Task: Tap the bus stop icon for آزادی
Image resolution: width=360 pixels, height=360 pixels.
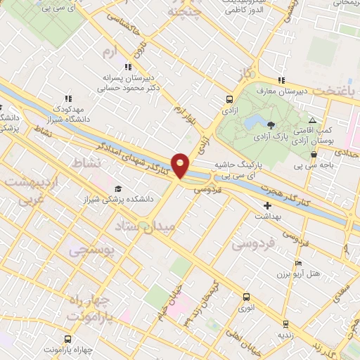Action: coord(230,100)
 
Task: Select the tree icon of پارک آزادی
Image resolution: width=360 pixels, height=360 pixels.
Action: coord(271,123)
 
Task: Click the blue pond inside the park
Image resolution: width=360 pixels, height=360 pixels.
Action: coord(251,122)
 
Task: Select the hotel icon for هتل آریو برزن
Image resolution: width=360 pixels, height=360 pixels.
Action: coord(298,261)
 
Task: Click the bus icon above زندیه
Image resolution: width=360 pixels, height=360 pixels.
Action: coord(285,323)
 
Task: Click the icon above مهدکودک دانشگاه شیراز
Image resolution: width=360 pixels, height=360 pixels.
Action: coord(67,99)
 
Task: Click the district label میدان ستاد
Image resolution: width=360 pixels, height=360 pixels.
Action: coord(162,226)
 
